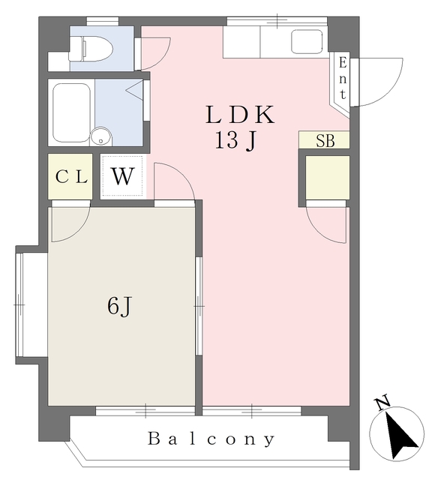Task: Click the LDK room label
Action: point(241,115)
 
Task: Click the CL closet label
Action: point(71,178)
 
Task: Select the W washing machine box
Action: point(123,177)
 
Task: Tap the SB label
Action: point(325,141)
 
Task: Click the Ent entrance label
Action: point(342,78)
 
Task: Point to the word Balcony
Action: point(211,439)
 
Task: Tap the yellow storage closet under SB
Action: point(327,178)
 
